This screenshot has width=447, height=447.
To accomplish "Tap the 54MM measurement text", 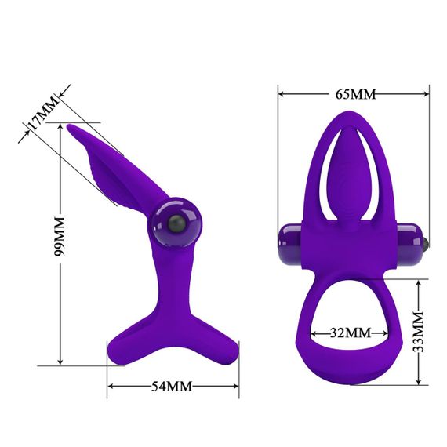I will [x=170, y=387].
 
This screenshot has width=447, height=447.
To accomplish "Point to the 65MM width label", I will [x=354, y=94].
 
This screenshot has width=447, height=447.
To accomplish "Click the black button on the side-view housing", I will [x=178, y=225].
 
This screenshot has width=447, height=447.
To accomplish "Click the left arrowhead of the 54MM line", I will [x=111, y=387].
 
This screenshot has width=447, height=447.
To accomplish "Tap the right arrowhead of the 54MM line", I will [x=234, y=387].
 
